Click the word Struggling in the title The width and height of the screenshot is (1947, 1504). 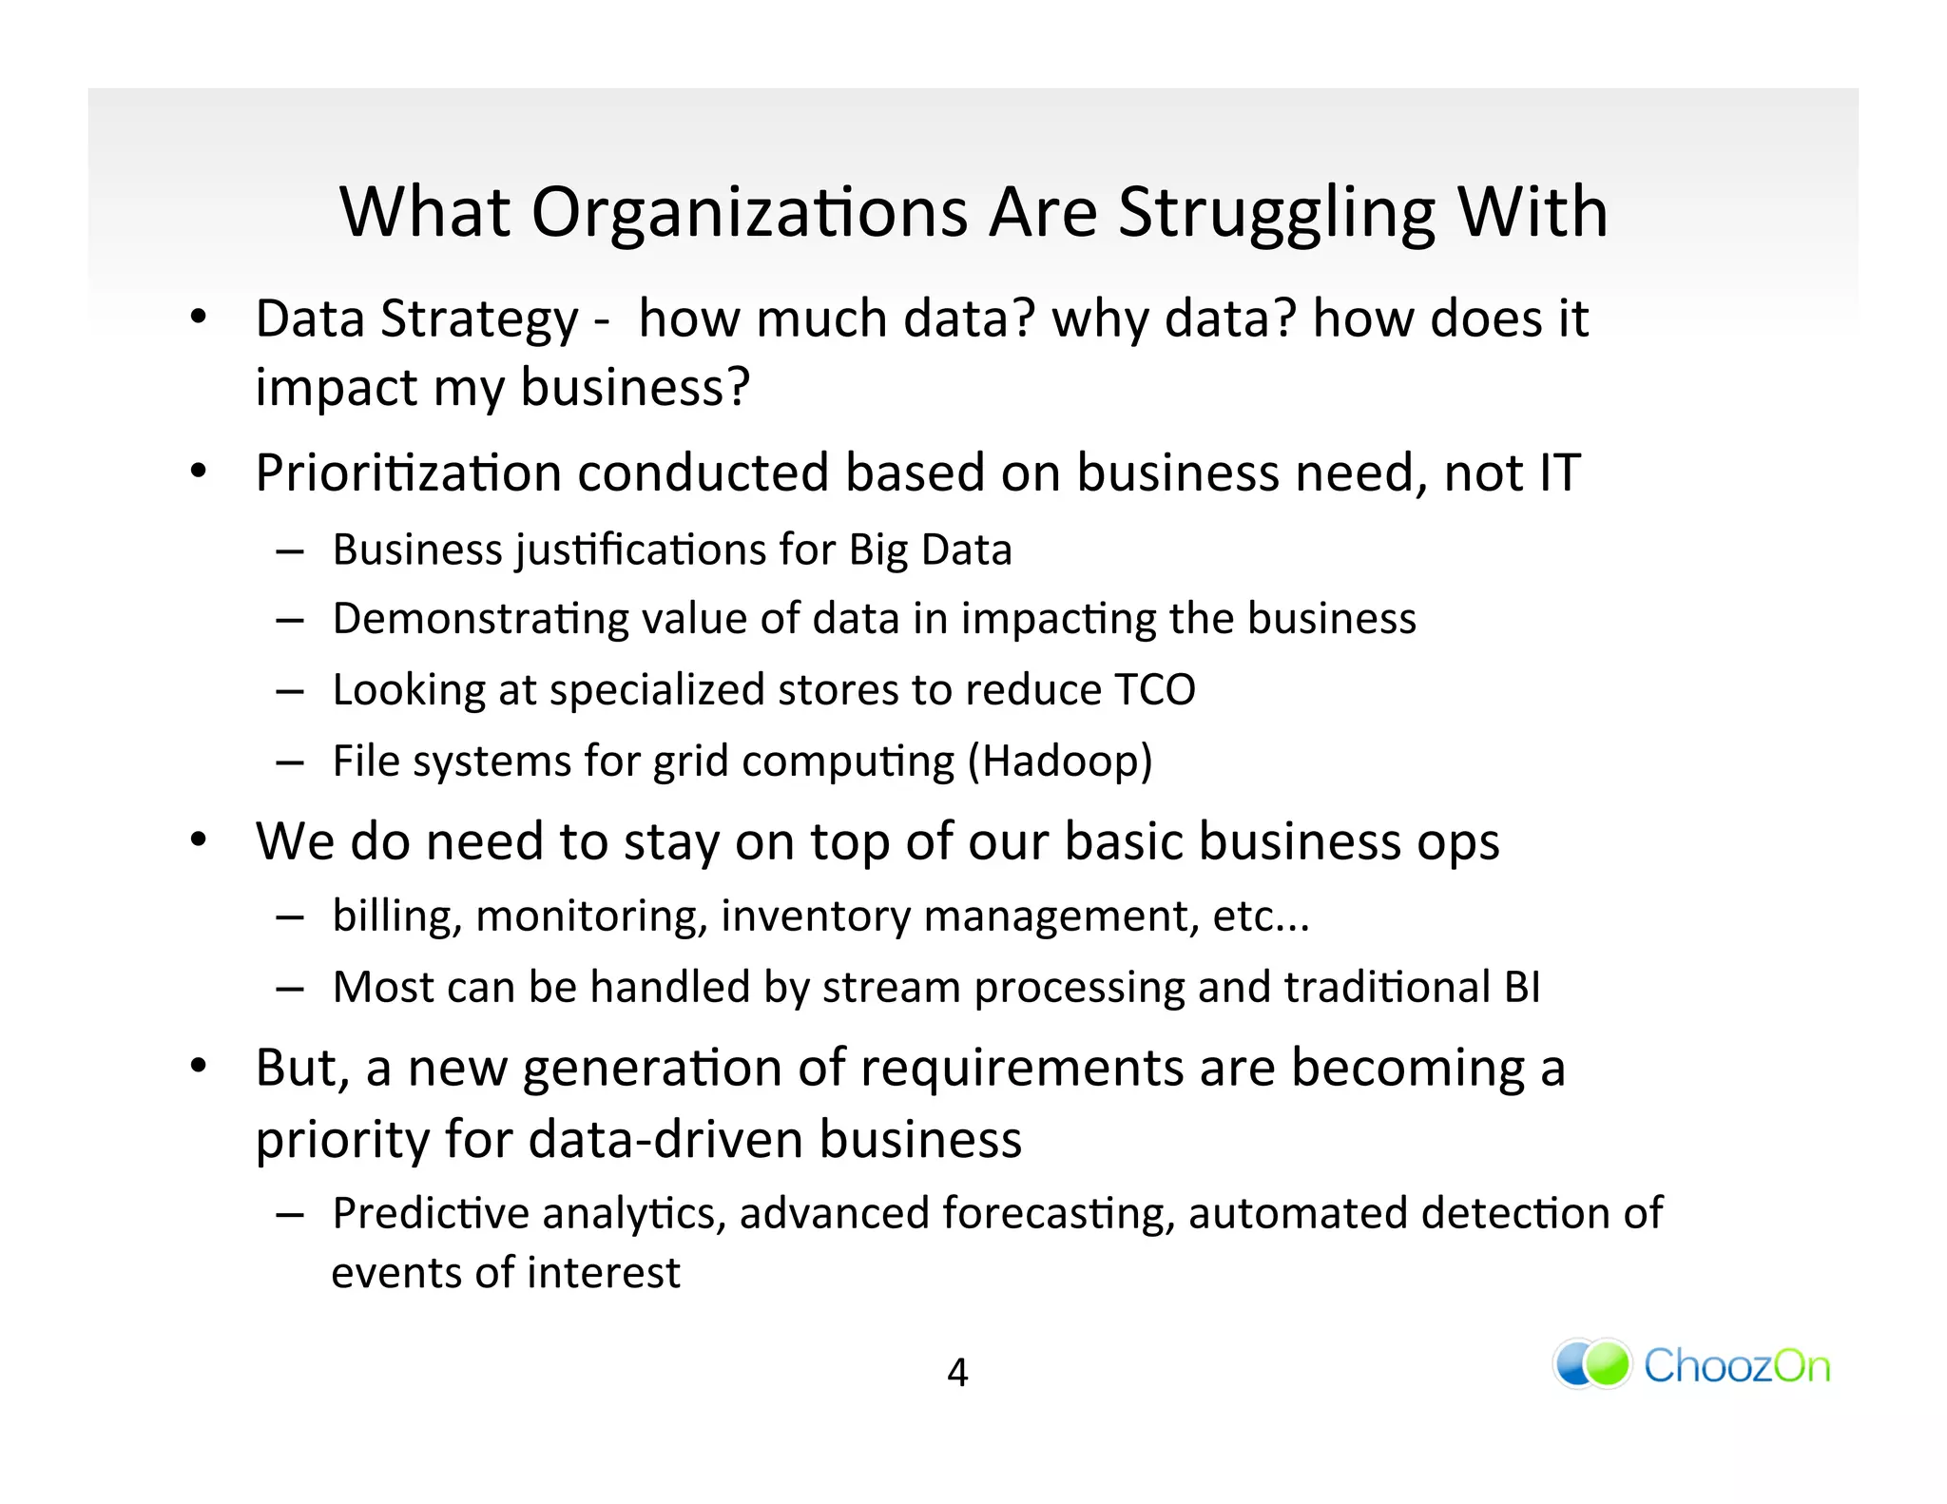[x=1276, y=213]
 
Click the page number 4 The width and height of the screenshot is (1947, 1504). [x=957, y=1372]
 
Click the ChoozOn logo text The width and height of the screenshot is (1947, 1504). [x=1736, y=1366]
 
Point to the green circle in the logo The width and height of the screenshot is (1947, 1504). [x=1609, y=1363]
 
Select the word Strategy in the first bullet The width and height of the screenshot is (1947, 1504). [x=478, y=320]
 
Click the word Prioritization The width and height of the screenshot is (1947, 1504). [x=408, y=472]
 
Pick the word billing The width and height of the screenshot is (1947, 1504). [x=396, y=916]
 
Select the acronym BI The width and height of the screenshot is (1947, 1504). [x=1521, y=987]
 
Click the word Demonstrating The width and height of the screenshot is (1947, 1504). [x=480, y=620]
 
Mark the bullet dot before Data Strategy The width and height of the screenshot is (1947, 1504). [x=197, y=318]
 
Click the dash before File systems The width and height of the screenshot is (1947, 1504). [x=290, y=762]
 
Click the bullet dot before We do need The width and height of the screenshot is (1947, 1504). [x=197, y=840]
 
